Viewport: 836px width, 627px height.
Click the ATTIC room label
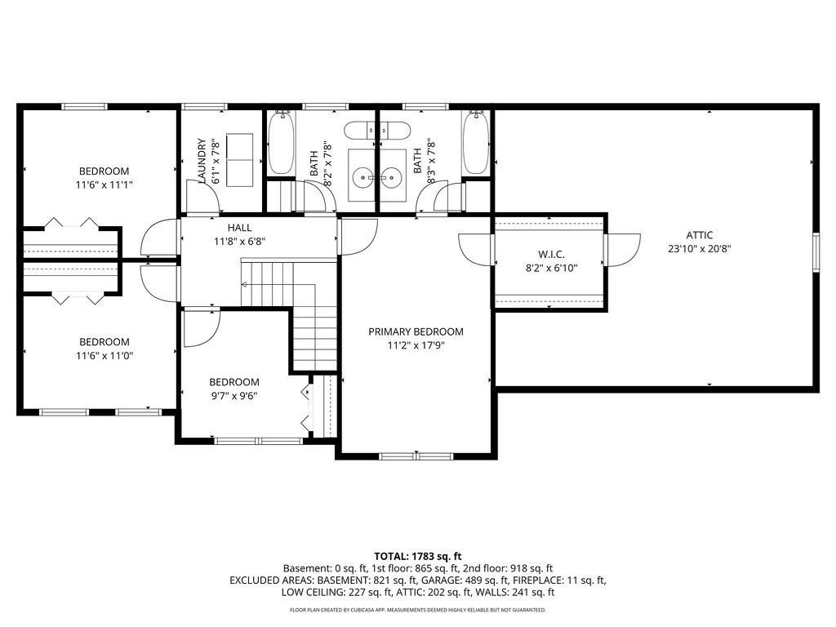[x=699, y=235]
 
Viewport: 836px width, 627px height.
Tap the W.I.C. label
[x=551, y=255]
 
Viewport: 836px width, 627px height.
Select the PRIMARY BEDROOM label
[x=416, y=331]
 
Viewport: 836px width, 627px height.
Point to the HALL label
[x=239, y=228]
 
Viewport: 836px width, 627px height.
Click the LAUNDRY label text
[x=202, y=161]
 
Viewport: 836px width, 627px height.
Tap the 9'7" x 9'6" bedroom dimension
[x=234, y=396]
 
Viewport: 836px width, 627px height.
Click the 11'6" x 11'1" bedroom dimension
[x=104, y=185]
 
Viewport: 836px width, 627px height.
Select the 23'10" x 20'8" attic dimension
[x=699, y=248]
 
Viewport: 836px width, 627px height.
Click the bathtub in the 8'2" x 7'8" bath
[x=281, y=143]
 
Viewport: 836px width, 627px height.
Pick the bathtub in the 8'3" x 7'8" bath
[x=476, y=143]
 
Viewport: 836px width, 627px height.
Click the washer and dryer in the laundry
[x=239, y=160]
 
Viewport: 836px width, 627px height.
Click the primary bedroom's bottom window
[x=416, y=456]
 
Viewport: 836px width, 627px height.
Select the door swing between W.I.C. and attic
[x=622, y=250]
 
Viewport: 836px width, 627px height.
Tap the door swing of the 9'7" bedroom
[x=202, y=329]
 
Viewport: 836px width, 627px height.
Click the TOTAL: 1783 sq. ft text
[x=417, y=557]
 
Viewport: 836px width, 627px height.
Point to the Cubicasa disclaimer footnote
[x=417, y=610]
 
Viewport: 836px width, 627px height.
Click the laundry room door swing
[x=202, y=197]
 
